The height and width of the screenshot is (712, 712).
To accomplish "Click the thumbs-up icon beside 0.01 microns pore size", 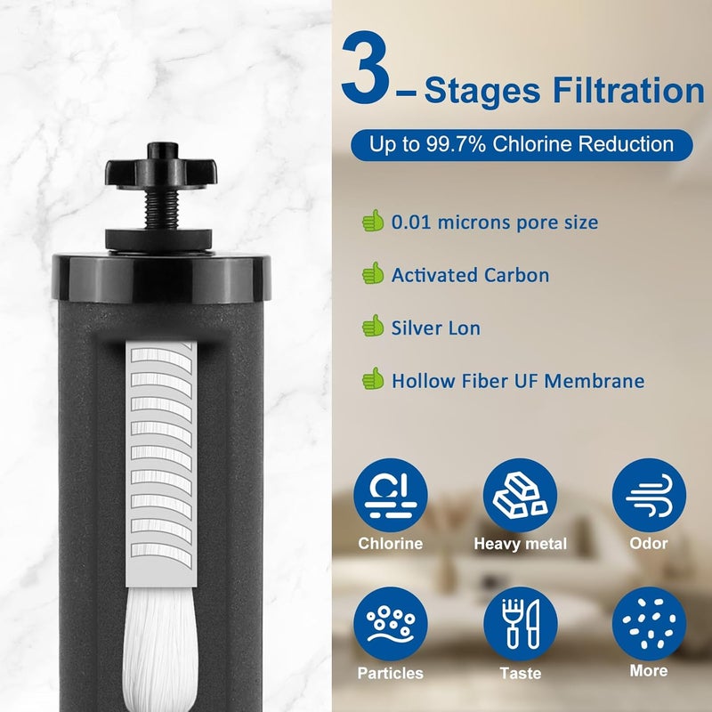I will [372, 222].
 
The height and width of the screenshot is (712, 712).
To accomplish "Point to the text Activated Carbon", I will [470, 275].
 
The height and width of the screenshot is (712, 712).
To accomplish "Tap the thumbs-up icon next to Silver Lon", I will [372, 328].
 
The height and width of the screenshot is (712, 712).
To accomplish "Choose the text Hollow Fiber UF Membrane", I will [517, 381].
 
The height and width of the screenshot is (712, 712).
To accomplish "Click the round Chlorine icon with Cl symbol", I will [390, 495].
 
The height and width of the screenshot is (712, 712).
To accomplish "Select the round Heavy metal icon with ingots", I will [520, 495].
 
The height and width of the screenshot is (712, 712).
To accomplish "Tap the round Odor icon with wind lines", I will [649, 495].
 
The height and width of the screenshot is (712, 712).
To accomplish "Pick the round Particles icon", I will [390, 624].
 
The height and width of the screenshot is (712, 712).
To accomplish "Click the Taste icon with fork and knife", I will [520, 624].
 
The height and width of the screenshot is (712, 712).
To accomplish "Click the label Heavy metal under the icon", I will [520, 544].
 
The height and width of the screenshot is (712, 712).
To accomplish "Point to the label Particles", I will [390, 673].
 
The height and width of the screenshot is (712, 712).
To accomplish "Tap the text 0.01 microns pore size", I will [494, 222].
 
